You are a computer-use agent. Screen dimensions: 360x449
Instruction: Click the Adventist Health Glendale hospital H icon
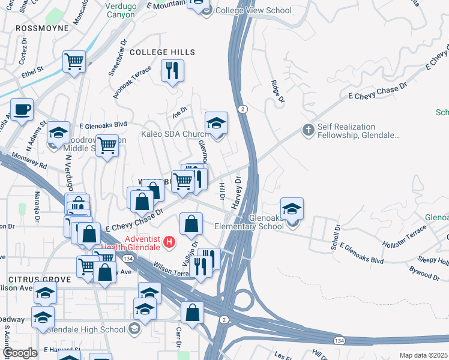point(170,243)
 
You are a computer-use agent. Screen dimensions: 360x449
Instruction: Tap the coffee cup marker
point(22,110)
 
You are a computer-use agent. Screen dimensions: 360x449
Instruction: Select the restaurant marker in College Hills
point(172,71)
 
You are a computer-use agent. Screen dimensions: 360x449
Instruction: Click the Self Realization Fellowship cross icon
point(307,130)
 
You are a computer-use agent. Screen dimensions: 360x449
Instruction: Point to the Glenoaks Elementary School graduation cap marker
point(292,209)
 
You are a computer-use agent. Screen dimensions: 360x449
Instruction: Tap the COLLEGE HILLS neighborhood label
point(163,52)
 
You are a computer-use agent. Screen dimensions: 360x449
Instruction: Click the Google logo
point(20,353)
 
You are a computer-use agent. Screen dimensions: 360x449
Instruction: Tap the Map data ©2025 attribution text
point(423,355)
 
